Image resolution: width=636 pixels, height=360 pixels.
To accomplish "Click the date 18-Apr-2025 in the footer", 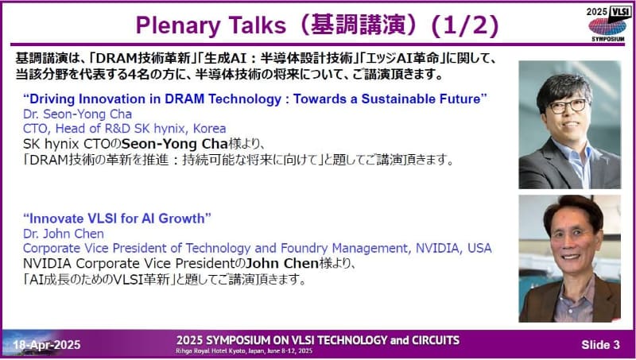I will click(x=47, y=344).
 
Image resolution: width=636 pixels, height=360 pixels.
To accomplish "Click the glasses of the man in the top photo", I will click(x=566, y=105).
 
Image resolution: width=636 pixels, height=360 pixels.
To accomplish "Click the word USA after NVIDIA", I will click(x=479, y=248).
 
